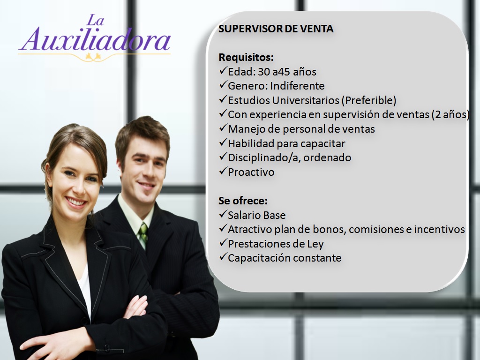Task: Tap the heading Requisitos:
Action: [246, 57]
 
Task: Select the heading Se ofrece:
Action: [243, 201]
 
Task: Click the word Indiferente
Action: [297, 86]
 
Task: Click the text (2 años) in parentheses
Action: [450, 114]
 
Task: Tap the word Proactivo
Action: [251, 172]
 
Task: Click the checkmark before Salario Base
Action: [223, 214]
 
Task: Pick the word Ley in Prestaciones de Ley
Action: [315, 244]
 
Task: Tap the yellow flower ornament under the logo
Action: [93, 56]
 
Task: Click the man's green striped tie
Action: [143, 235]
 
